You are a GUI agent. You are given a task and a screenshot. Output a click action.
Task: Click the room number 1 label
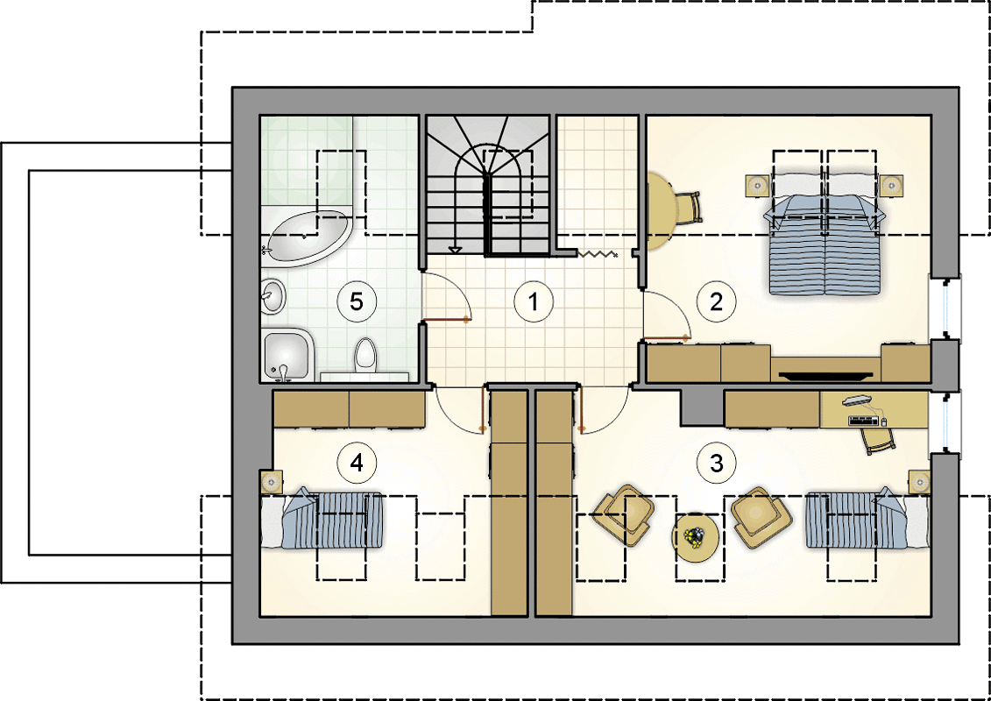(534, 302)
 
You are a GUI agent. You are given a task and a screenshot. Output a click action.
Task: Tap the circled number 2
(716, 302)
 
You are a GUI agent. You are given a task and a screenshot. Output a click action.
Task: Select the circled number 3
(716, 464)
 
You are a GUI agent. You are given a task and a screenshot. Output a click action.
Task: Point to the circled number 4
(357, 464)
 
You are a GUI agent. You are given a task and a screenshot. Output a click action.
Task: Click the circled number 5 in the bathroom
(357, 302)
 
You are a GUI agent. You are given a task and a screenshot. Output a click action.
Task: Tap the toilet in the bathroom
(365, 355)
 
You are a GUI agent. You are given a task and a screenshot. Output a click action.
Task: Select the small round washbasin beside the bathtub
(273, 296)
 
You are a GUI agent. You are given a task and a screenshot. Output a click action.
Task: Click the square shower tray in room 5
(288, 355)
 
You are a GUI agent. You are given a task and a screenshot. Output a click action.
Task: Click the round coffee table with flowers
(695, 537)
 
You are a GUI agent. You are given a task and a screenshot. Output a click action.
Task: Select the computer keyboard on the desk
(863, 421)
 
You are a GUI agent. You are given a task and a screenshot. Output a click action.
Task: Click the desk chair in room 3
(879, 440)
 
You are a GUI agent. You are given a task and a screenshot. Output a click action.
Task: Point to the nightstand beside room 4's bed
(271, 482)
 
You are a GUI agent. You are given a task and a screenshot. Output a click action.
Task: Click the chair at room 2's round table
(688, 208)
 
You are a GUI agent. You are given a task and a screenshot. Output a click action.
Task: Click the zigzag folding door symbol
(598, 253)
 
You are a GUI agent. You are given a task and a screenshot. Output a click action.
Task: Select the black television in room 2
(826, 375)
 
